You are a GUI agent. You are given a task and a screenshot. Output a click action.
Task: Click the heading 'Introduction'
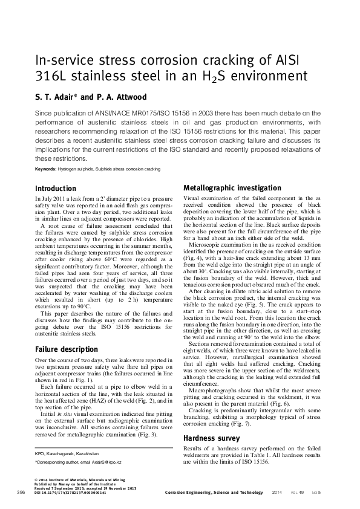pyautogui.click(x=56, y=189)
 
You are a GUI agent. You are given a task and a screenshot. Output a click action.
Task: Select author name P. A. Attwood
pyautogui.click(x=125, y=97)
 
